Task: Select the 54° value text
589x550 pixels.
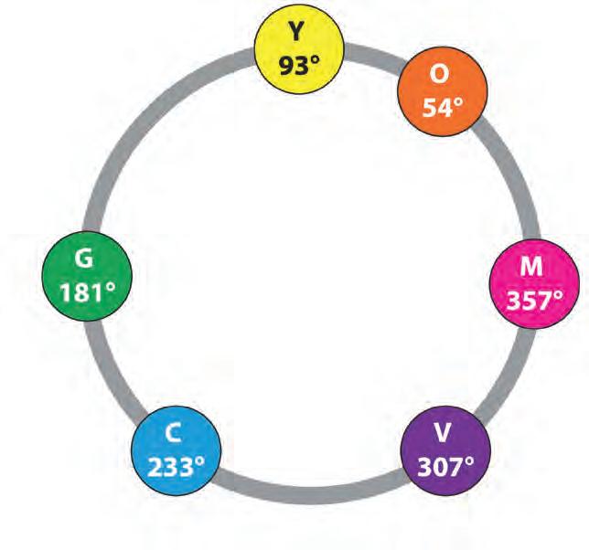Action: tap(443, 107)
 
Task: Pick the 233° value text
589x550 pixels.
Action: tap(177, 468)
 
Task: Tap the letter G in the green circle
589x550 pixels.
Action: tap(83, 259)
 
